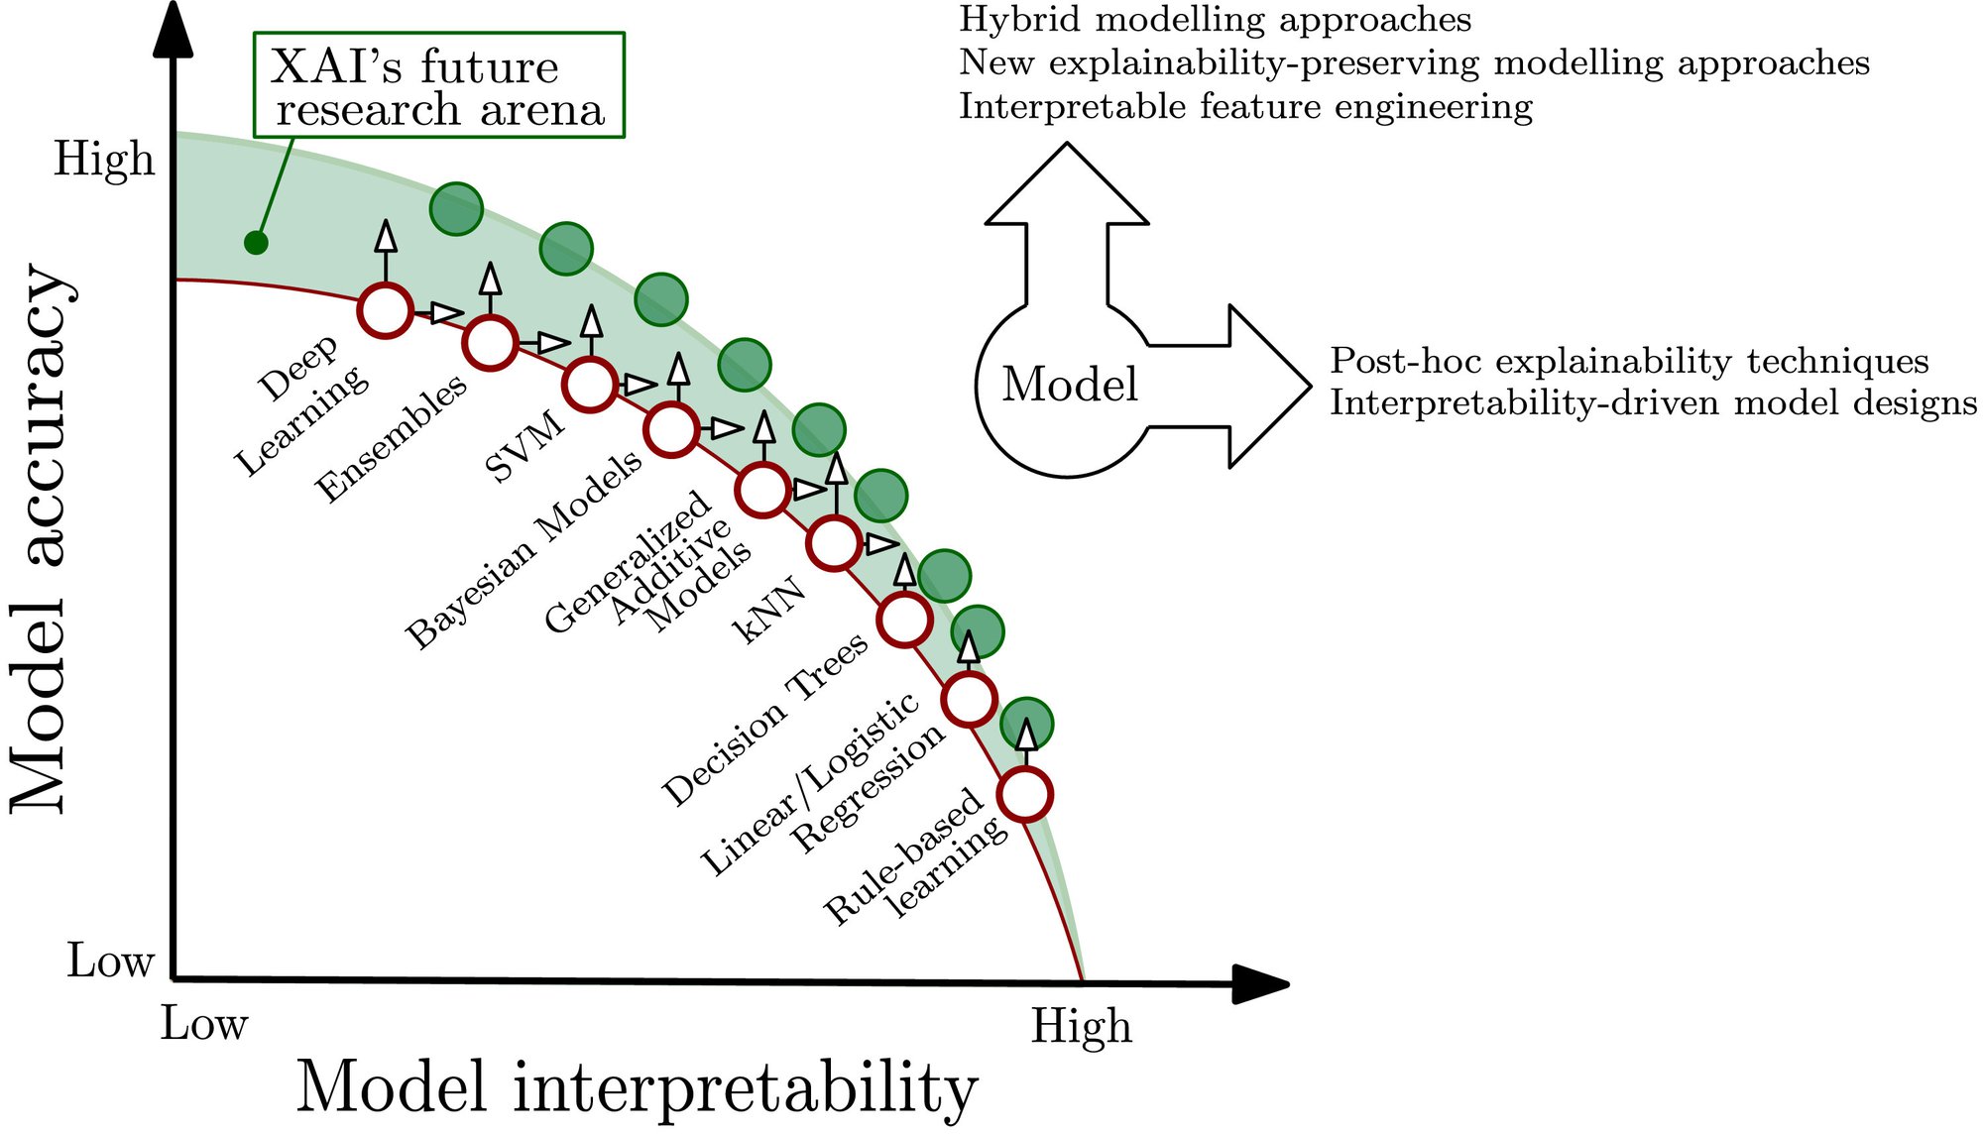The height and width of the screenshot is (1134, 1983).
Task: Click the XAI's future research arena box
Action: tap(438, 85)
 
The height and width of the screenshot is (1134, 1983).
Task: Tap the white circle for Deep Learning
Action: tap(385, 310)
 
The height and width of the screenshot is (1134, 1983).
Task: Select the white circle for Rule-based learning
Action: tap(1024, 794)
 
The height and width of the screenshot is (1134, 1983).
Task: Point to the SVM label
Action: tap(525, 446)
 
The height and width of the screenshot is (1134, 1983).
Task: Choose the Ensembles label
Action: tap(391, 437)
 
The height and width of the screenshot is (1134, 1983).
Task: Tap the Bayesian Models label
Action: tap(525, 550)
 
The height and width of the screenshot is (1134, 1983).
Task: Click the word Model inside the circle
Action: tap(1069, 385)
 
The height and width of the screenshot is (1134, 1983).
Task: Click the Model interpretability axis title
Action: tap(637, 1087)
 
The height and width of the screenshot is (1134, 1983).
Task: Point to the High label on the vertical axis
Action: tap(104, 160)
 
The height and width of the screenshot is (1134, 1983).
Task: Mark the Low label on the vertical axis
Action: tap(110, 961)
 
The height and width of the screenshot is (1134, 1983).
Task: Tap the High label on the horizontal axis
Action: tap(1081, 1026)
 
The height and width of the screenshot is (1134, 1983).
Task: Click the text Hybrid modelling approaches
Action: tap(1215, 20)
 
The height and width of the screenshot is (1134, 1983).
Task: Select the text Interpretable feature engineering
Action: tap(1245, 106)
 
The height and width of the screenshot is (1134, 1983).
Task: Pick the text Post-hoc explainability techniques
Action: tap(1629, 361)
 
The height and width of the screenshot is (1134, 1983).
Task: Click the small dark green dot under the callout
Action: tap(256, 242)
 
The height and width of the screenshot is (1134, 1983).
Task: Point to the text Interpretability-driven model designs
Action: tap(1653, 403)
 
